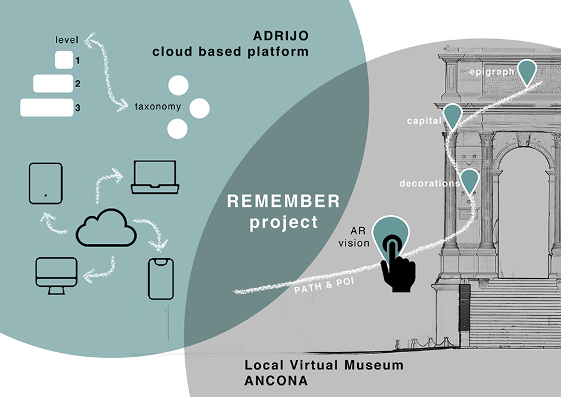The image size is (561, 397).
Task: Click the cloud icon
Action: tap(106, 229)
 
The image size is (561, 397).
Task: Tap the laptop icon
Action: tap(154, 177)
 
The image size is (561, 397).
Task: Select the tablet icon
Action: tap(46, 181)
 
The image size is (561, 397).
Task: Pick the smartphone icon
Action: tap(161, 279)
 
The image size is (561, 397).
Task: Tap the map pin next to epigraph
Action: tap(527, 72)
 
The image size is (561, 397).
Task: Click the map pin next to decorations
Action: tap(470, 181)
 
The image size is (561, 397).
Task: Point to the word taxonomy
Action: tap(158, 107)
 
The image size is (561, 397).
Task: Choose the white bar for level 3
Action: tap(46, 108)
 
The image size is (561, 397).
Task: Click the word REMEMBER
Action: tap(284, 202)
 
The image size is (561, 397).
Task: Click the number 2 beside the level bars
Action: tap(78, 84)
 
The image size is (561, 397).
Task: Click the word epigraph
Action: tap(491, 72)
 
